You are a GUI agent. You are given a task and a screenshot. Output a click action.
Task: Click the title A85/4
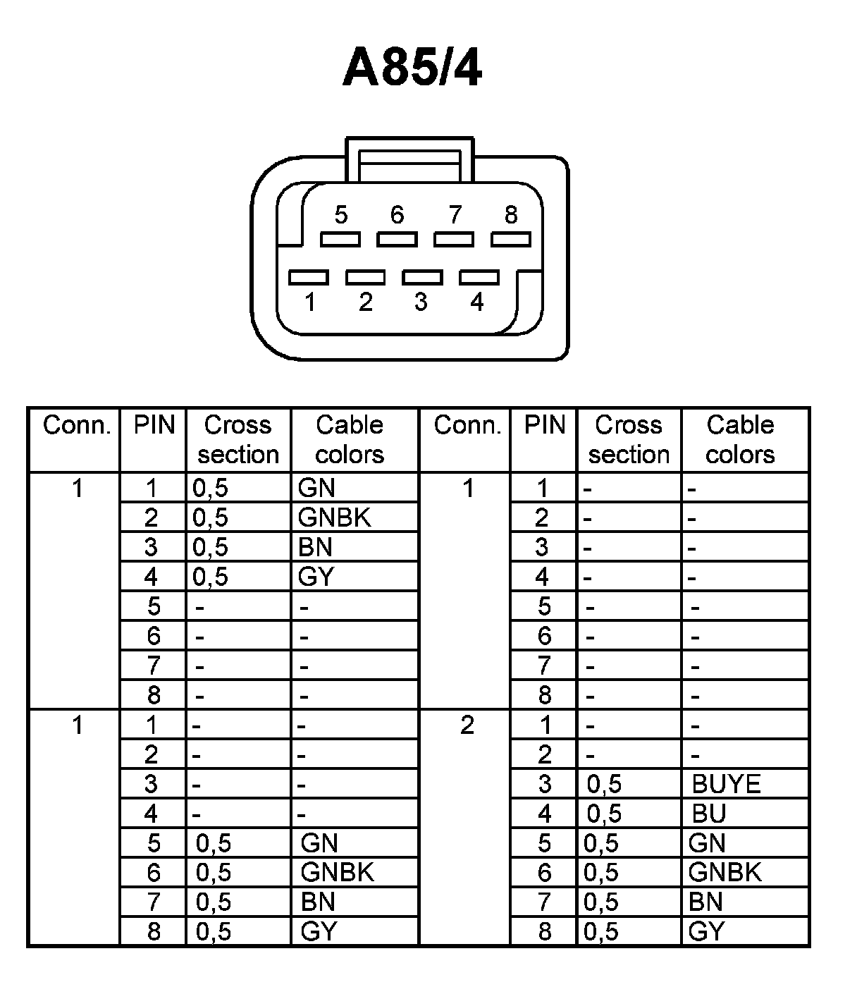pyautogui.click(x=412, y=69)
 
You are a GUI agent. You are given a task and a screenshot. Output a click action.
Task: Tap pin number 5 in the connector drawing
pyautogui.click(x=341, y=214)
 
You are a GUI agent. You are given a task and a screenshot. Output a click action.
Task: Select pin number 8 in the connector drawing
pyautogui.click(x=512, y=214)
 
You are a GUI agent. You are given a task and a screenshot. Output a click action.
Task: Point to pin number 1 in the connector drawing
pyautogui.click(x=309, y=302)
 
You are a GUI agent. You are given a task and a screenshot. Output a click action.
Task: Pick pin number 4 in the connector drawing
pyautogui.click(x=477, y=302)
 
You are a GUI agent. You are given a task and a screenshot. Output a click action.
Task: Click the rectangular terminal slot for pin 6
pyautogui.click(x=397, y=240)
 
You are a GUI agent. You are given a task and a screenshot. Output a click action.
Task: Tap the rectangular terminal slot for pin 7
pyautogui.click(x=454, y=240)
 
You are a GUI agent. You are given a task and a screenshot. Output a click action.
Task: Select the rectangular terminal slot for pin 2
pyautogui.click(x=365, y=277)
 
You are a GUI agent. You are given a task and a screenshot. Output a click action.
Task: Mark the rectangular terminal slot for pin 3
pyautogui.click(x=422, y=277)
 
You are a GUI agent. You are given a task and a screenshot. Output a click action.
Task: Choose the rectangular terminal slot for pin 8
pyautogui.click(x=511, y=240)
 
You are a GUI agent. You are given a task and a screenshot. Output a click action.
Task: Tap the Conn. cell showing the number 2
pyautogui.click(x=467, y=725)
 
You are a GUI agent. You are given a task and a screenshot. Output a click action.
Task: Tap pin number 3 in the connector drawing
pyautogui.click(x=421, y=302)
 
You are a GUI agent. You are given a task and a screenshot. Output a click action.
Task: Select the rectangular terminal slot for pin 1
pyautogui.click(x=309, y=277)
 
